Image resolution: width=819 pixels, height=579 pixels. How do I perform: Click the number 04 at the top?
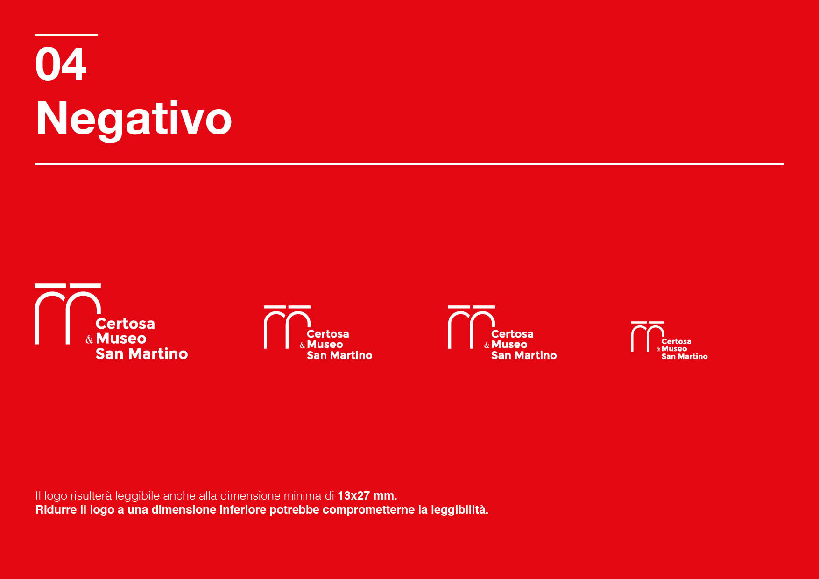[x=61, y=64]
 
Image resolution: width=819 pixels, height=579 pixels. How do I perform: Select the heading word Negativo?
[x=134, y=119]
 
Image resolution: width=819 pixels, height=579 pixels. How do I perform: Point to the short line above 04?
[x=66, y=35]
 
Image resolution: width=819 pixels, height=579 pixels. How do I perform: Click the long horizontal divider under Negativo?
[x=409, y=164]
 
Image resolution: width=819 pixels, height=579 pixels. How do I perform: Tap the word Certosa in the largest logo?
[x=125, y=324]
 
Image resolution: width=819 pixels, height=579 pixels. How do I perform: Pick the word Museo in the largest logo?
[x=121, y=339]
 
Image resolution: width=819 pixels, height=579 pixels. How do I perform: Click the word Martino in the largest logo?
[x=158, y=353]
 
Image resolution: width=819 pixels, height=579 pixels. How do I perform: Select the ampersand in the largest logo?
[x=89, y=339]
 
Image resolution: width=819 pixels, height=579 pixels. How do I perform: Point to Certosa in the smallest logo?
[x=676, y=341]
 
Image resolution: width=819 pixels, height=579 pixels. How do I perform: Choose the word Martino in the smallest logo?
[x=692, y=356]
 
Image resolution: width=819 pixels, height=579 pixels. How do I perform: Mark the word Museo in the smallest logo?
[x=674, y=349]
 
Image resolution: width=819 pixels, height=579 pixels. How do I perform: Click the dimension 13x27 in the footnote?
[x=353, y=495]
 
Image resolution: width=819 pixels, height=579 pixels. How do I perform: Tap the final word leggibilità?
[x=459, y=510]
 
